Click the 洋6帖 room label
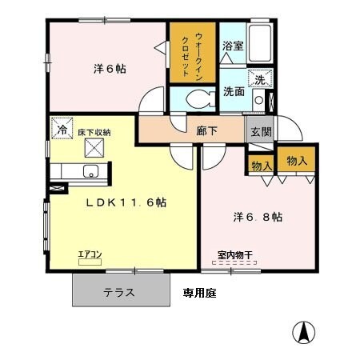point(110,69)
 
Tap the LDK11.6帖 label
point(126,203)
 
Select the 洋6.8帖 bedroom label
point(256,217)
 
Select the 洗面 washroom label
point(234,90)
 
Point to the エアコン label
point(89,255)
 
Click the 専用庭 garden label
point(199,293)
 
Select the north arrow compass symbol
point(305,330)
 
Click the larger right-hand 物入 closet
point(297,160)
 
